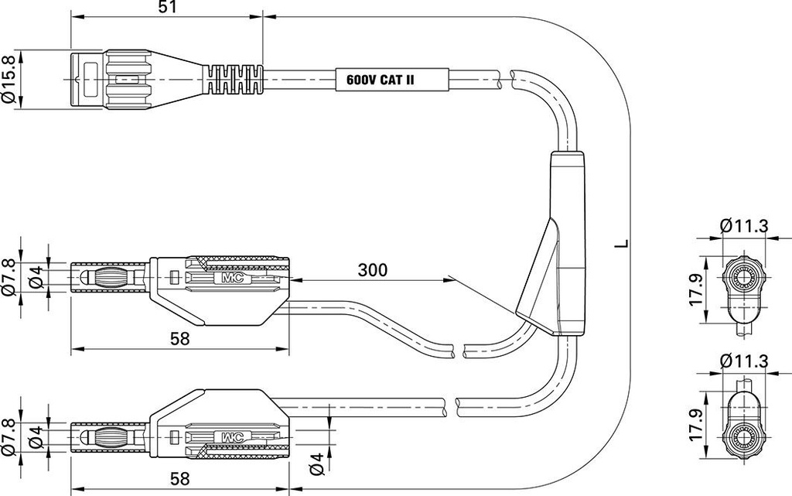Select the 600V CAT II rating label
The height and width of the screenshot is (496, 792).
381,80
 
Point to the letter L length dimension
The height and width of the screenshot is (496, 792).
624,244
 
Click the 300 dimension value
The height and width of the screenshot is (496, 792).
373,270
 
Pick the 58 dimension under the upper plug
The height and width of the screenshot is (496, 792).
179,338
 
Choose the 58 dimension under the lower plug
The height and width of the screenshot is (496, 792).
179,478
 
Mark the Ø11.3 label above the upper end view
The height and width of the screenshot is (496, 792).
745,225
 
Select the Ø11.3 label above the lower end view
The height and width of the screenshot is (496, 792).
745,361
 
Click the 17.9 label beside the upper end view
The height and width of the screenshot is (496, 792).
697,289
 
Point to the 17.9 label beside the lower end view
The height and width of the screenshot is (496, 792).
697,425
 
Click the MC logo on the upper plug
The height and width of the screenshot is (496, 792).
232,277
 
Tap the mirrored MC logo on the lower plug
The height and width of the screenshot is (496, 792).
232,437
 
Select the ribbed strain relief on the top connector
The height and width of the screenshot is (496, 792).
234,80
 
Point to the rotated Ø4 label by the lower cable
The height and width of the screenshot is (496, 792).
316,464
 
